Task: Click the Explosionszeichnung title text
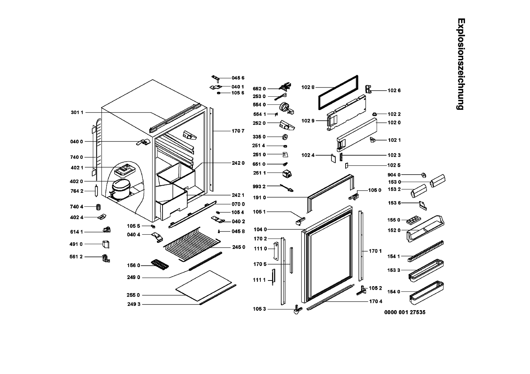[460, 64]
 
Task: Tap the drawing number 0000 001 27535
[405, 312]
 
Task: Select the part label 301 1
[77, 113]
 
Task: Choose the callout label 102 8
[308, 87]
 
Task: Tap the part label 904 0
[394, 175]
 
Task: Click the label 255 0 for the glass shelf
[134, 295]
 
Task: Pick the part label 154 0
[394, 292]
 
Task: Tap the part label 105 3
[259, 309]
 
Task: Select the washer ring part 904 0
[423, 175]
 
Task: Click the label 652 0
[259, 89]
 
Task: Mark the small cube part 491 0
[106, 244]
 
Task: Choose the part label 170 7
[238, 131]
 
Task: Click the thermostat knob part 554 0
[285, 106]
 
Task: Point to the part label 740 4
[77, 207]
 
